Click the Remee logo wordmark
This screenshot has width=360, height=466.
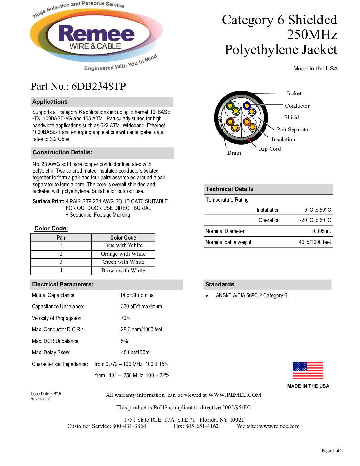96,34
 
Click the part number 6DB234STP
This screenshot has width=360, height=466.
99,86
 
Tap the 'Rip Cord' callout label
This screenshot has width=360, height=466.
270,149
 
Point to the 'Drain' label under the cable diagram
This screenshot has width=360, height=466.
234,153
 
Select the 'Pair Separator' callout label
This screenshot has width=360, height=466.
293,130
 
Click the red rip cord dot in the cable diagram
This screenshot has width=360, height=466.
249,140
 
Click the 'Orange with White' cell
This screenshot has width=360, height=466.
123,254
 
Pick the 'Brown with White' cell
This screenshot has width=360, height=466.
123,271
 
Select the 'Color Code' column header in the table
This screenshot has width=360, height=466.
123,238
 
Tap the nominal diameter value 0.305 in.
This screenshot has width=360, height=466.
321,231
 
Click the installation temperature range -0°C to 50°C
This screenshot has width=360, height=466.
317,210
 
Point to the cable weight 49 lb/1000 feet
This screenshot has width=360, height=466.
315,242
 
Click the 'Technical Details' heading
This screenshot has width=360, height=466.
230,189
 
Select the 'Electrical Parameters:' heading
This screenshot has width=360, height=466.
63,285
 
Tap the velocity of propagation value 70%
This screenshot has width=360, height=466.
126,318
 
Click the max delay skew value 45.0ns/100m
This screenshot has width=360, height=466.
135,353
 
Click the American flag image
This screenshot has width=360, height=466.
308,371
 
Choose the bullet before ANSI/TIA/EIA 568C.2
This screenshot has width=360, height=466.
207,296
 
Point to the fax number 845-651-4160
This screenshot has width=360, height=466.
202,426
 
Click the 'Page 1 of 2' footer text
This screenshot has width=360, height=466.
332,451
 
